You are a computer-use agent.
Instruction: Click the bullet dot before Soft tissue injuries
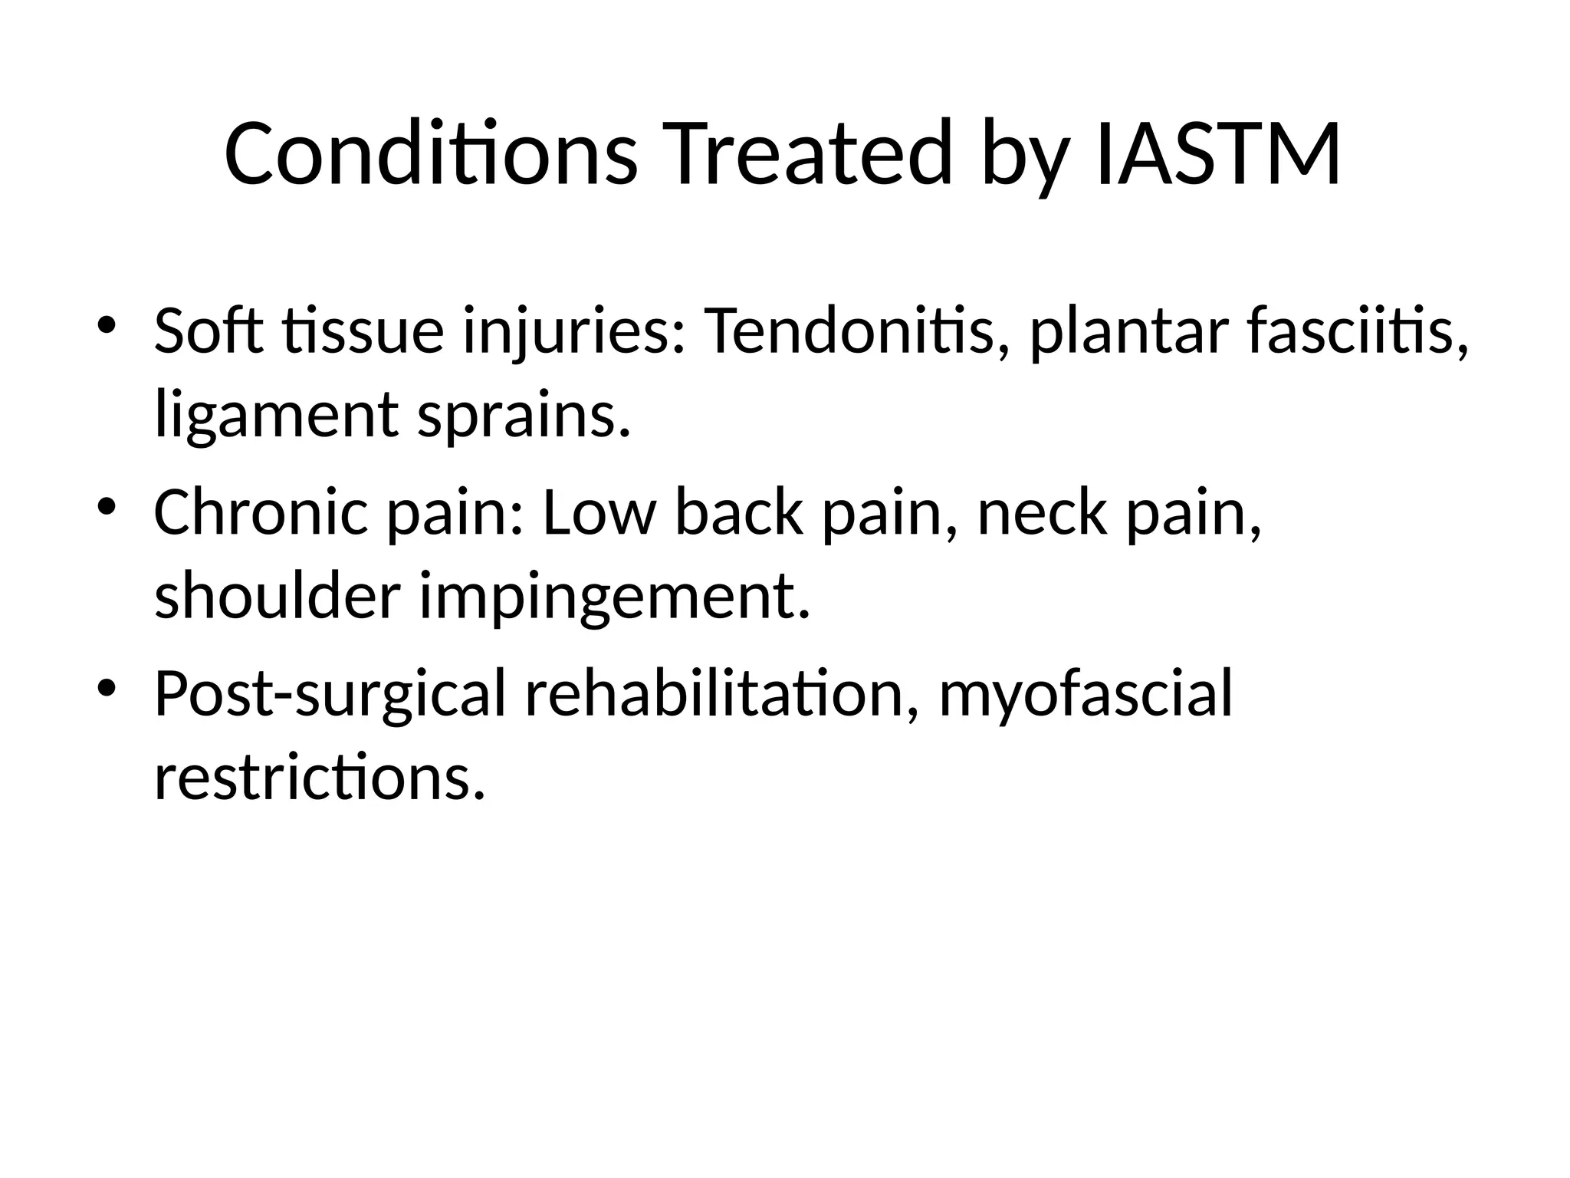click(106, 324)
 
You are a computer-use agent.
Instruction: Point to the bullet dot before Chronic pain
click(106, 505)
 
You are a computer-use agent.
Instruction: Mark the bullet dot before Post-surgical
click(106, 685)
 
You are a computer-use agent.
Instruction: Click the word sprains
click(524, 416)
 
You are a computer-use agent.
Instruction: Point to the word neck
click(1042, 512)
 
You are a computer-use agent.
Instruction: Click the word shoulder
click(278, 596)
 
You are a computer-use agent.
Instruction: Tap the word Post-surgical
click(330, 694)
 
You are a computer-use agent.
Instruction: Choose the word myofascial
click(1086, 694)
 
